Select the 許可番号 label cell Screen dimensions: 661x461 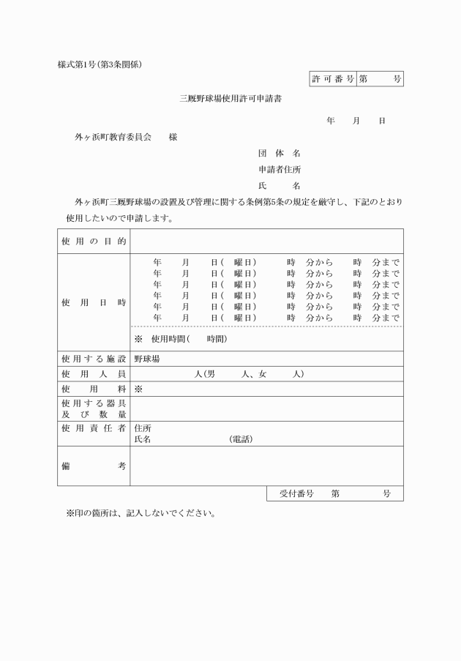point(332,79)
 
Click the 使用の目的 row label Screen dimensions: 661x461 point(94,242)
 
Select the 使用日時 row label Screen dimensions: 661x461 point(94,302)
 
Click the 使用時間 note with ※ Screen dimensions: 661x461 point(180,339)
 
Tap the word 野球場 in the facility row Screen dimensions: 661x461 point(147,359)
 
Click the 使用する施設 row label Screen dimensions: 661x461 point(94,359)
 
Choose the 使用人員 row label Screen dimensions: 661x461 point(94,374)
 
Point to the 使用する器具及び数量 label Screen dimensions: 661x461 point(94,408)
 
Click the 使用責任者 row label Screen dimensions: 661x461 point(94,427)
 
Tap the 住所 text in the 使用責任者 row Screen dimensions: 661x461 point(143,428)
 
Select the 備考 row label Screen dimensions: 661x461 point(94,466)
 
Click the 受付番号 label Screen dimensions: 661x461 point(296,494)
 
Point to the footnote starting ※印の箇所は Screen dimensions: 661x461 point(140,513)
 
